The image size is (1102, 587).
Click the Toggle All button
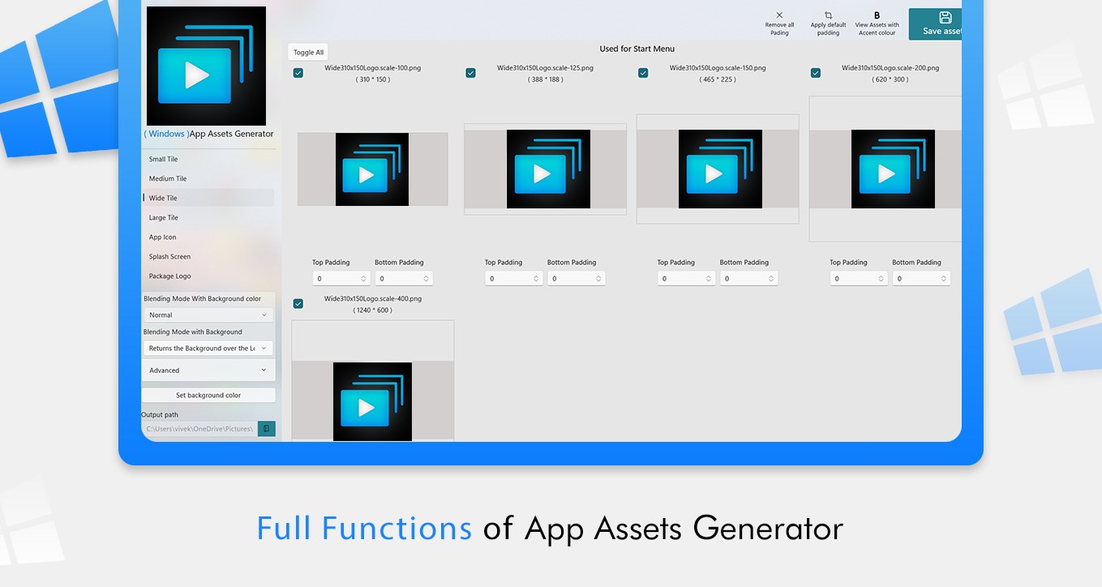[x=308, y=52]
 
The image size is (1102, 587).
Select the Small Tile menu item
[x=163, y=159]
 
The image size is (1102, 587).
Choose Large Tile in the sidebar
[x=163, y=217]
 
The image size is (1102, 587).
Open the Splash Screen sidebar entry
[x=169, y=256]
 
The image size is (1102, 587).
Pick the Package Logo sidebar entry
[x=169, y=276]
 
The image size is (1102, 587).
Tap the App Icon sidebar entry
[x=162, y=238]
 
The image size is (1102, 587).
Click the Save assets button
[x=935, y=24]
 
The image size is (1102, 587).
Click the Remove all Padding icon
[x=779, y=15]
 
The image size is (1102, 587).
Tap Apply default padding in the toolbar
[x=829, y=24]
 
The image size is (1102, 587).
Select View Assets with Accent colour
[x=877, y=24]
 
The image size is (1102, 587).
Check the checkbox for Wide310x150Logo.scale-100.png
[x=298, y=73]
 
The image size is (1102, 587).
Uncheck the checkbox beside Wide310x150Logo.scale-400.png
[x=298, y=303]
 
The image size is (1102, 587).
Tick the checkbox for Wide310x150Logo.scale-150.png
[x=643, y=73]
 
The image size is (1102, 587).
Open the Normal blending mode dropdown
[x=208, y=315]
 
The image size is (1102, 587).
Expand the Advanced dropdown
[x=208, y=370]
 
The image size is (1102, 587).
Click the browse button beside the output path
[x=266, y=429]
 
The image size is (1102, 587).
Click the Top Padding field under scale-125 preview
[x=513, y=278]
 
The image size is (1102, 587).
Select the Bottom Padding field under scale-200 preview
[x=921, y=278]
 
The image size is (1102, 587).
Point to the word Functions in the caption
[x=397, y=529]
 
